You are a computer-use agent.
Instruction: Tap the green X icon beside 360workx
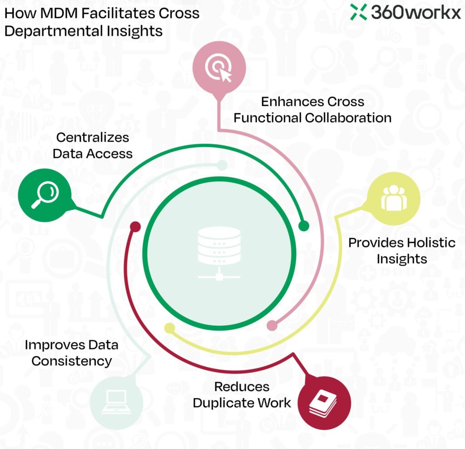pyautogui.click(x=359, y=12)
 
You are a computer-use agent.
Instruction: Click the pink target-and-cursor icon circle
pyautogui.click(x=219, y=68)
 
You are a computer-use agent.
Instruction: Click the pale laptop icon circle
pyautogui.click(x=116, y=402)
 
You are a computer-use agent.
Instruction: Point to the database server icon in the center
pyautogui.click(x=219, y=252)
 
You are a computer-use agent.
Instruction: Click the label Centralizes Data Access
pyautogui.click(x=93, y=146)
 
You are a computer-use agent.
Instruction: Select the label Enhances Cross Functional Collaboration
pyautogui.click(x=312, y=109)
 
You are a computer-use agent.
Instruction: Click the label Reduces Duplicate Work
pyautogui.click(x=242, y=394)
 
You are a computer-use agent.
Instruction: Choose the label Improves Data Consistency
pyautogui.click(x=72, y=353)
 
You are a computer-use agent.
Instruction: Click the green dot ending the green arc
pyautogui.click(x=304, y=225)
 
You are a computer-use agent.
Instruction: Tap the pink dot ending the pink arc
pyautogui.click(x=272, y=325)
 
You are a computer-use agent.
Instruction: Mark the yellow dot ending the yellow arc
pyautogui.click(x=169, y=328)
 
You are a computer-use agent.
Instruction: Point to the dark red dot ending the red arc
pyautogui.click(x=134, y=226)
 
